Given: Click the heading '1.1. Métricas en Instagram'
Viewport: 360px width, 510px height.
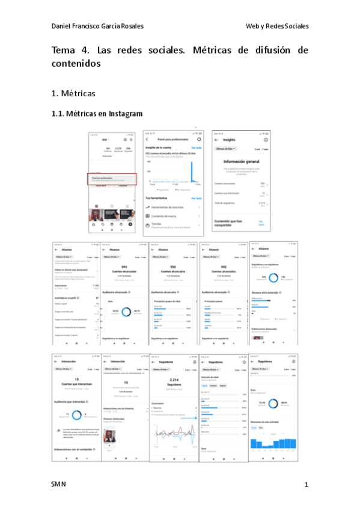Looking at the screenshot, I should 97,114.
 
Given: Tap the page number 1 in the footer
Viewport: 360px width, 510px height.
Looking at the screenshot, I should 306,485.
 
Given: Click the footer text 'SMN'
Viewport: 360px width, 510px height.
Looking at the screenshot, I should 58,484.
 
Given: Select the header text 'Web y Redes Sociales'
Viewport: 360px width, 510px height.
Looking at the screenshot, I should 277,26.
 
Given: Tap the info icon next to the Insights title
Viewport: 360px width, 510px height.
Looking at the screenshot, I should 265,140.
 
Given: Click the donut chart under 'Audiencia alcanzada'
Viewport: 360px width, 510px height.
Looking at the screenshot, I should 126,312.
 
